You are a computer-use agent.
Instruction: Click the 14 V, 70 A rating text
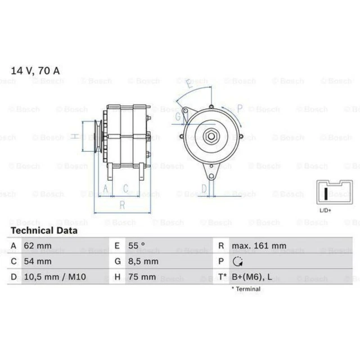point(35,71)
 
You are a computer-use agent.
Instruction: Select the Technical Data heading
point(44,231)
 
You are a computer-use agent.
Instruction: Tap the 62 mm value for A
point(38,246)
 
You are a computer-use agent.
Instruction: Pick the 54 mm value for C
point(38,261)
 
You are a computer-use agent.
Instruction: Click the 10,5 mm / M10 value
point(55,277)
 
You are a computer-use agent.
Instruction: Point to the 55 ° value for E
point(137,246)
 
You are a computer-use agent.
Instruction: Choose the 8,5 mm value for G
point(143,261)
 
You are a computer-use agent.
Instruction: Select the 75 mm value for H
point(142,277)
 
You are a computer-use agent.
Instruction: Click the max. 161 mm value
point(259,246)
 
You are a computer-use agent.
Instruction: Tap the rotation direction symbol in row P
point(237,261)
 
